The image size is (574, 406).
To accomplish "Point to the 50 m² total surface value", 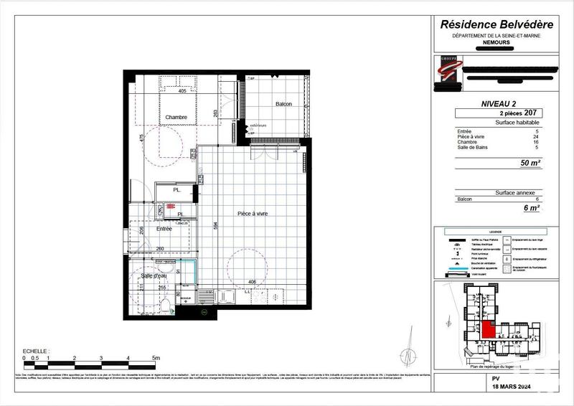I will [530, 163].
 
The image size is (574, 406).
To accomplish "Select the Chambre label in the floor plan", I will [176, 117].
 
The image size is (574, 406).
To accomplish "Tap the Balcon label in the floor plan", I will [283, 105].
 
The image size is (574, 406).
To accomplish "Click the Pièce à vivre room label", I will [253, 214].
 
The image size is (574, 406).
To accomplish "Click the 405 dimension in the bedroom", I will [182, 92].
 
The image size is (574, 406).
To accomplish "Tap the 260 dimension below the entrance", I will [161, 249].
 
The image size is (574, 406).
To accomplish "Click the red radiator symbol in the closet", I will [170, 206].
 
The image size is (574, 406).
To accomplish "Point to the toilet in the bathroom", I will [166, 306].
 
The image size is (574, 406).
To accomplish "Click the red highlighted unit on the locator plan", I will [487, 330].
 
